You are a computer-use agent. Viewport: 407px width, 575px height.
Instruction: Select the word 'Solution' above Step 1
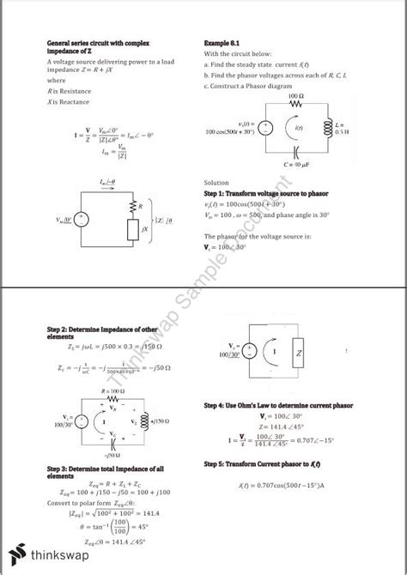pos(216,183)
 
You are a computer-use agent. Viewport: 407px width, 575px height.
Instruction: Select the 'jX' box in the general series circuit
pos(132,229)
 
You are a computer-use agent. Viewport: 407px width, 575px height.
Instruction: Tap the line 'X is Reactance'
pos(68,101)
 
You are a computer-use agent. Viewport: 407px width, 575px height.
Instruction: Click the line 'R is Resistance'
pos(69,90)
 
